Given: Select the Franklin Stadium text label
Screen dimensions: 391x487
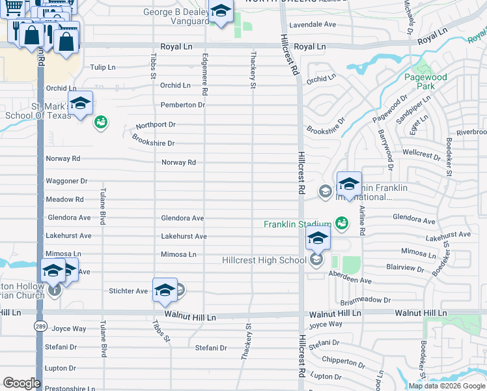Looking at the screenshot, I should [298, 225].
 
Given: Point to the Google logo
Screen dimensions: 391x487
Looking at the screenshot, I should [21, 383].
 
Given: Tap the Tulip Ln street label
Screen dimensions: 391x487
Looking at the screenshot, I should [102, 67].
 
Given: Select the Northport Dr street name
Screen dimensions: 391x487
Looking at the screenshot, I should [156, 124].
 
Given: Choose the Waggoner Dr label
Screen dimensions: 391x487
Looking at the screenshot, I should [66, 181].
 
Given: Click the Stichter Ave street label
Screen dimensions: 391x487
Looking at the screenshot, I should [129, 291].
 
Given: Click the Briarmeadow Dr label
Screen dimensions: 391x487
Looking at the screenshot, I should [365, 300].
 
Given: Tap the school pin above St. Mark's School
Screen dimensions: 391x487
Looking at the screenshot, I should [80, 104].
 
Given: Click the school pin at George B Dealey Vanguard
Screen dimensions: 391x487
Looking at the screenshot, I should [221, 11].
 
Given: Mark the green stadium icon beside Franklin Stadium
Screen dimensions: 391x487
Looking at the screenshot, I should [341, 224].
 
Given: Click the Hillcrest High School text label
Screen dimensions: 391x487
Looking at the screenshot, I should [263, 261].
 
